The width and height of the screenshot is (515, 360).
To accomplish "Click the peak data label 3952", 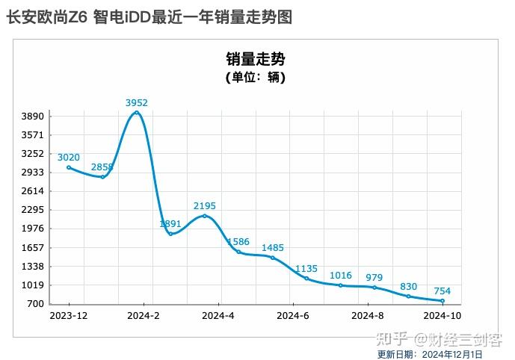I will coord(137,102).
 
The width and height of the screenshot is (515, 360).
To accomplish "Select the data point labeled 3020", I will coord(69,167).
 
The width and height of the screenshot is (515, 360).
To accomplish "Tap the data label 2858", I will coord(102,167).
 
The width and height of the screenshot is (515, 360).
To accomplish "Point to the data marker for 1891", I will coord(170,234).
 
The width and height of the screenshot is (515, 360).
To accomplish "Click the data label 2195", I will coord(205,205).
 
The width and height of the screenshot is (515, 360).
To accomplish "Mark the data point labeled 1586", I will coord(238,252).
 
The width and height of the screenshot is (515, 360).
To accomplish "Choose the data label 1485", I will coord(273,247).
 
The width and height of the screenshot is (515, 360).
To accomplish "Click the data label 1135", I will coord(306,268).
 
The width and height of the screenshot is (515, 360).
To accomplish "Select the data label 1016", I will coord(340,276).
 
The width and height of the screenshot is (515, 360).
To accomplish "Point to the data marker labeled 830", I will coord(408,296).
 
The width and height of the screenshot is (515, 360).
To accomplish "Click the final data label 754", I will coord(442,291).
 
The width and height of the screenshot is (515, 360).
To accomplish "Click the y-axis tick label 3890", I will coord(34,117).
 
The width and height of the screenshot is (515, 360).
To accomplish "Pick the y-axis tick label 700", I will coord(37,304).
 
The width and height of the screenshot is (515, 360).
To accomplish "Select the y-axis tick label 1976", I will coord(34,229).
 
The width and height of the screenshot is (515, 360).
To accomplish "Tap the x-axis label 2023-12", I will coord(69,316).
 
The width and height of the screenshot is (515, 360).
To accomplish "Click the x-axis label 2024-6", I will coord(293,316).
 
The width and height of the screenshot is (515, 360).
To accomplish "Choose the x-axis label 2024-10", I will coord(442,316).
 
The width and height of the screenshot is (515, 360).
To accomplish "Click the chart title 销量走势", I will coord(256,59).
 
